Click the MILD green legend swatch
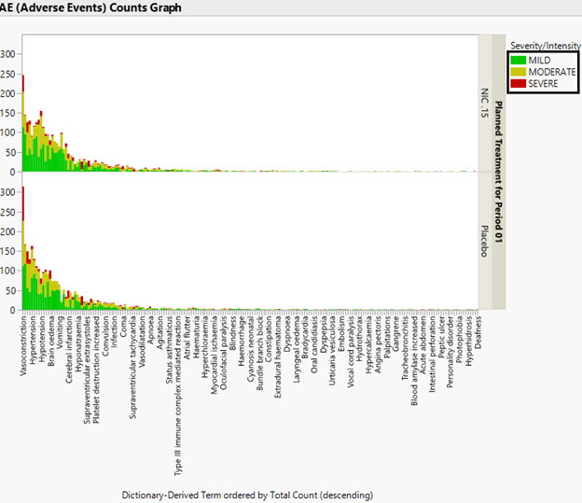(520, 60)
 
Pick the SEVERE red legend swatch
(520, 82)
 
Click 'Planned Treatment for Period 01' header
(498, 173)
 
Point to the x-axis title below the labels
(247, 494)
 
